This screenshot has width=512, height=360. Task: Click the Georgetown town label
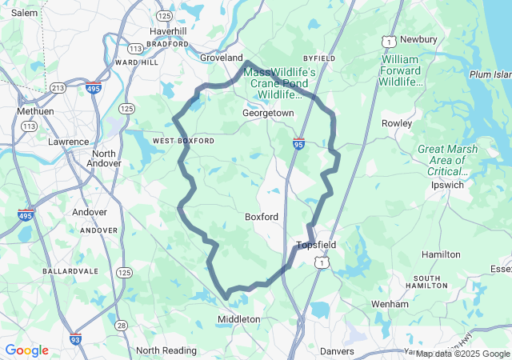click(x=268, y=114)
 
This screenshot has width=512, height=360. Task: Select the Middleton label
click(x=239, y=319)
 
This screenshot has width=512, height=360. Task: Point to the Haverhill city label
click(x=168, y=31)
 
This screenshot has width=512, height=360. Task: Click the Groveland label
click(x=221, y=58)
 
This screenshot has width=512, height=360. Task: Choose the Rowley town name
click(x=397, y=123)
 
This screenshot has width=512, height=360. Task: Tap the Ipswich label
click(x=446, y=185)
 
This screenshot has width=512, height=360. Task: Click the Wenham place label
click(x=390, y=304)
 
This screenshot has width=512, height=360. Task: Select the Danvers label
click(x=337, y=350)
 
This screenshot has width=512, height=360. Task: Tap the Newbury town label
click(x=418, y=39)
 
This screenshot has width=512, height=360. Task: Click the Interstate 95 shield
click(x=298, y=144)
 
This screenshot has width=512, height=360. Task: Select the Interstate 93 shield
click(x=75, y=339)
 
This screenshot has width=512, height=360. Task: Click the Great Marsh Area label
click(x=447, y=160)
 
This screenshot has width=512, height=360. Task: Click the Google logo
click(x=26, y=350)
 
